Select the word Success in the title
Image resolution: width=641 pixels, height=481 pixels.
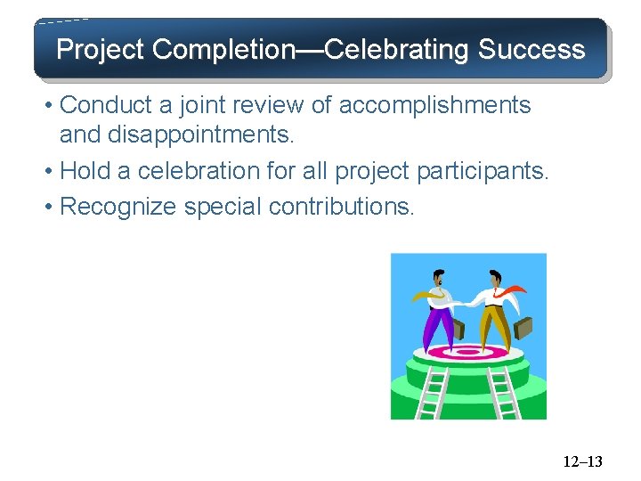[x=531, y=50]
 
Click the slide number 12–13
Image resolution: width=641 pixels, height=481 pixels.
[x=583, y=461]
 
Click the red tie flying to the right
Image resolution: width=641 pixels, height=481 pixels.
[x=509, y=292]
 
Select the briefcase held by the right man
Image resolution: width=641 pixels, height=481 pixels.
[x=523, y=329]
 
